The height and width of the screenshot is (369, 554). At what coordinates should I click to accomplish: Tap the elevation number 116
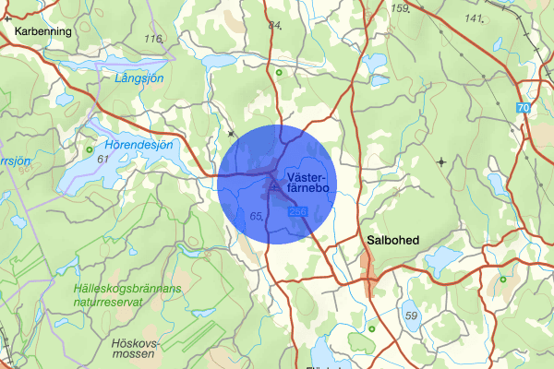point(153,39)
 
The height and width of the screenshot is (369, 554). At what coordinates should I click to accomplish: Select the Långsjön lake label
point(140,79)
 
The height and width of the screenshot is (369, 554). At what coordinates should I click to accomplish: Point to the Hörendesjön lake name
point(141,144)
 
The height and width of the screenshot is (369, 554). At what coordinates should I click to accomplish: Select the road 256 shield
point(296,213)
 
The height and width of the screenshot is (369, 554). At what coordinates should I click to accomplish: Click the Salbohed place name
point(392,240)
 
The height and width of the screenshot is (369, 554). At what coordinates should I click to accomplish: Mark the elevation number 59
point(411,316)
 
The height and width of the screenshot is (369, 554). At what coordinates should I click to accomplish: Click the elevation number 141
point(475,18)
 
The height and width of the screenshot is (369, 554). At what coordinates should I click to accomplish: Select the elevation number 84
point(274,25)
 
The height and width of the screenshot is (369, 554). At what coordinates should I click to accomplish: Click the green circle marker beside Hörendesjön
point(90,149)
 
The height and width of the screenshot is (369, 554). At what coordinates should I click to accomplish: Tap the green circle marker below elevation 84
point(279,72)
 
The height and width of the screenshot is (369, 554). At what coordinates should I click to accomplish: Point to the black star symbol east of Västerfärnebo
point(441,161)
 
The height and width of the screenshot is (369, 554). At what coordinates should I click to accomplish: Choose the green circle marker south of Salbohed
point(372,328)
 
